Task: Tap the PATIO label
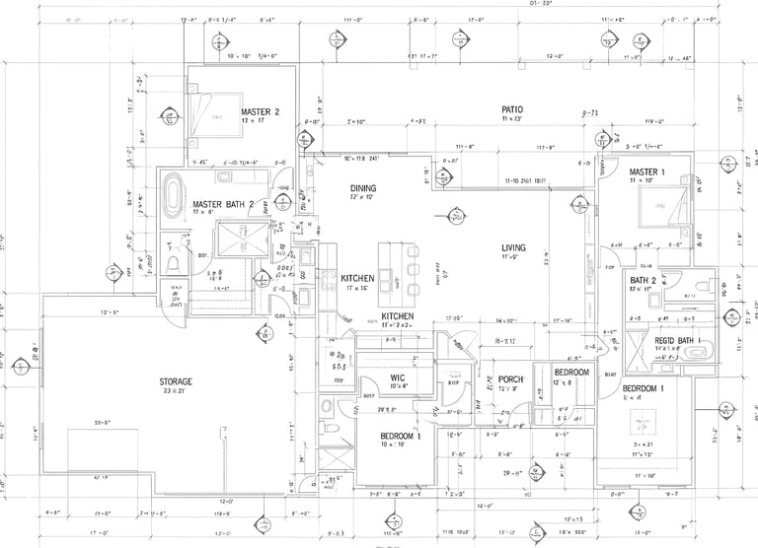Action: (511, 109)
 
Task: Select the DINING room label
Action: (337, 187)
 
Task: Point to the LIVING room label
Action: (513, 247)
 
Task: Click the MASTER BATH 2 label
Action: (223, 204)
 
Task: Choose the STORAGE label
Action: (176, 380)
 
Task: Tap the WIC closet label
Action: (399, 377)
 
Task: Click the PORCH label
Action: (510, 379)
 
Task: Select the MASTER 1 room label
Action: (647, 172)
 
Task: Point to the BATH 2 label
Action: (644, 280)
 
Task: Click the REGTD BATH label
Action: (675, 341)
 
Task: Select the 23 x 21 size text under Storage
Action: (176, 391)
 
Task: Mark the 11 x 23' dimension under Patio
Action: (511, 119)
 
